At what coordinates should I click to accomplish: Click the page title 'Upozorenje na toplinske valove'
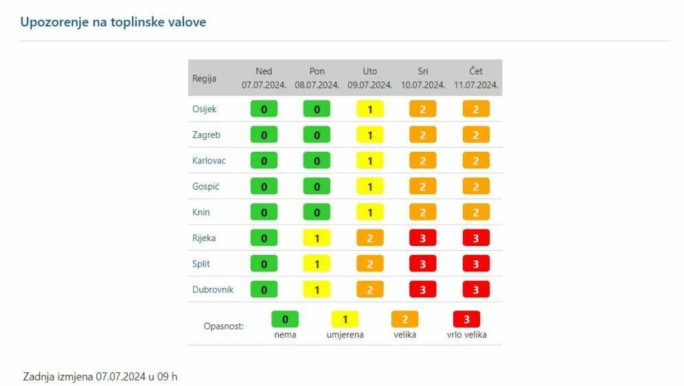113,22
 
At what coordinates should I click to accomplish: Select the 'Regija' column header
204,78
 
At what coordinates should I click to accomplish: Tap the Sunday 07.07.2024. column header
264,78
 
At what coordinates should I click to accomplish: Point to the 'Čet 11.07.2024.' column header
476,78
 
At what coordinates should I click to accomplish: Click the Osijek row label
204,109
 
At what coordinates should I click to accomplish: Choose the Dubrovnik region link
213,290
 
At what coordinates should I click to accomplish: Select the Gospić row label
205,187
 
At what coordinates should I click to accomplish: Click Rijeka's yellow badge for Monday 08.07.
317,238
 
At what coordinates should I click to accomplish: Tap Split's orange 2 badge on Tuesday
370,264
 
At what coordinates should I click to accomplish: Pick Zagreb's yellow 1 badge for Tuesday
370,135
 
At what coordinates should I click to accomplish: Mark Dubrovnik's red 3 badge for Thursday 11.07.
476,290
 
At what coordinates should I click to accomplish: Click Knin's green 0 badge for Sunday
264,212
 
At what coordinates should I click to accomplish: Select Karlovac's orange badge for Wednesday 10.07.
423,161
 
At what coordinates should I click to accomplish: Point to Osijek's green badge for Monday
317,109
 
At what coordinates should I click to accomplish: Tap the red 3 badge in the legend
466,319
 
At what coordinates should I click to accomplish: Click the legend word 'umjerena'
345,335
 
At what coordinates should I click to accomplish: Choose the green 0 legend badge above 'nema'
285,319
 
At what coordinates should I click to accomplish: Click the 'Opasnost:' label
223,326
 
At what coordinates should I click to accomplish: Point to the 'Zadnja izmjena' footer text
100,377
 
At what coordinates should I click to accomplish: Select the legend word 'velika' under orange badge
404,335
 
